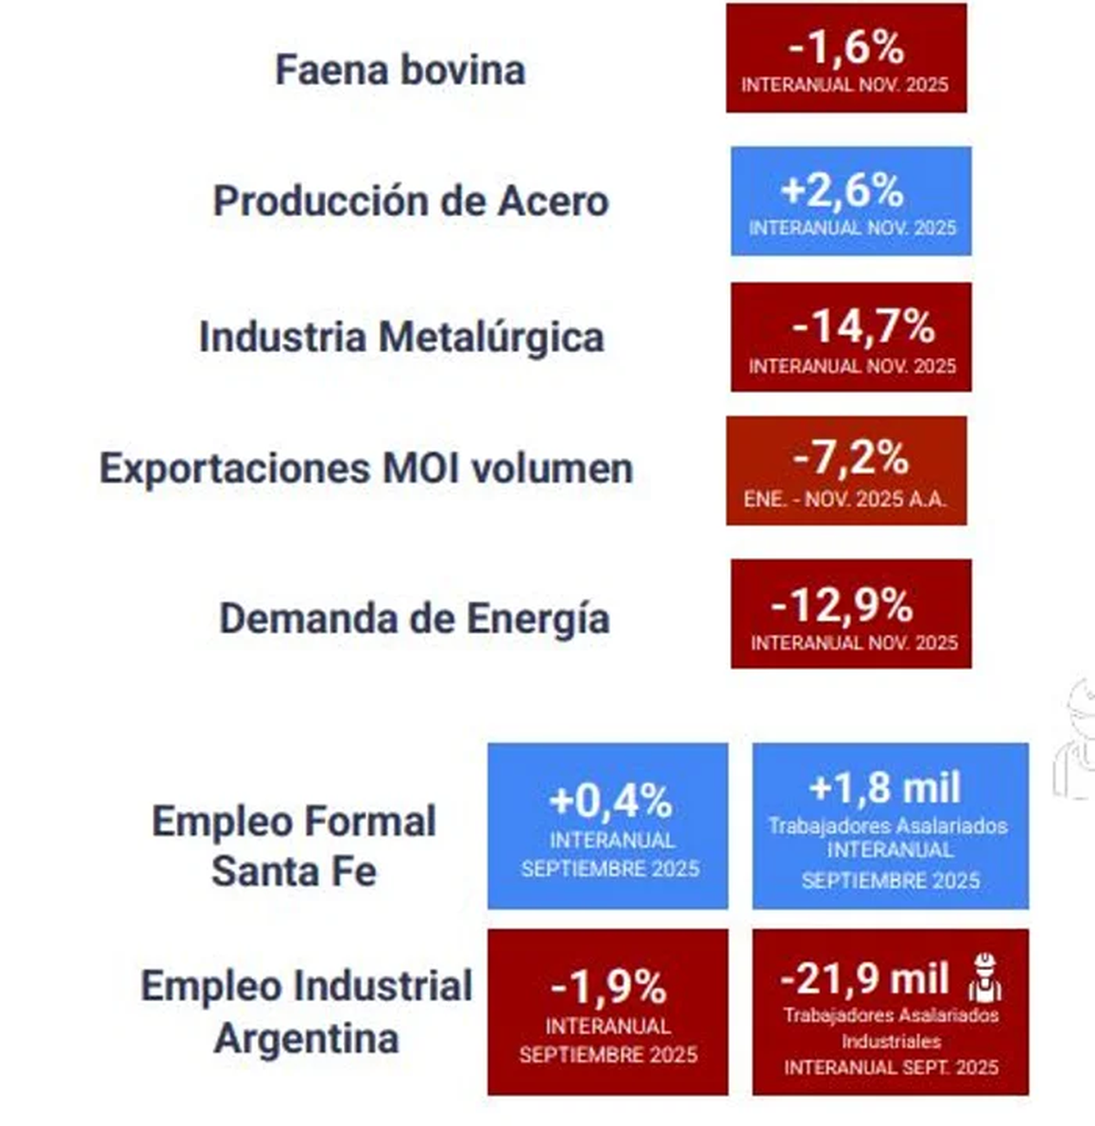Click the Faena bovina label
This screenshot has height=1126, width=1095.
(x=400, y=70)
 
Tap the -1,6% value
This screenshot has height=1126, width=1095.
(x=846, y=47)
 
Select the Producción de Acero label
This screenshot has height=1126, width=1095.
(x=411, y=201)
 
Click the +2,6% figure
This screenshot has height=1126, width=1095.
(x=842, y=191)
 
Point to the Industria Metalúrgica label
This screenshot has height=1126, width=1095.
(x=401, y=337)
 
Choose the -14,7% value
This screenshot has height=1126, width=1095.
(x=863, y=327)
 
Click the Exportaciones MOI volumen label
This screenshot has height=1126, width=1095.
(x=366, y=468)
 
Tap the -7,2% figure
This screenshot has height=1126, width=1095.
(x=850, y=458)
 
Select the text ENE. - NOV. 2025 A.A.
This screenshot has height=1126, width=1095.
(x=845, y=499)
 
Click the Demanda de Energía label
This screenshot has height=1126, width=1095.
(x=414, y=618)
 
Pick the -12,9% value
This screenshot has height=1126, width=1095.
(x=841, y=604)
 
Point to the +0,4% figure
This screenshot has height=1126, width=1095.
(x=610, y=801)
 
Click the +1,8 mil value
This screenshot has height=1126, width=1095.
(x=885, y=787)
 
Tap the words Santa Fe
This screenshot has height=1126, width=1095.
(x=294, y=871)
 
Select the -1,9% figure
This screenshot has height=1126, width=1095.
(x=609, y=986)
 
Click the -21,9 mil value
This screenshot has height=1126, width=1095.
(x=864, y=978)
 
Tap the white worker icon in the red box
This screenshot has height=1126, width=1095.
(x=985, y=977)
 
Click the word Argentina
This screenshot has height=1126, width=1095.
(x=307, y=1038)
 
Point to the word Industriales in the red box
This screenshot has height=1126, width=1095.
(x=891, y=1041)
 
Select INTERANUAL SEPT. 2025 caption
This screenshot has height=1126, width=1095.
(x=891, y=1067)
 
